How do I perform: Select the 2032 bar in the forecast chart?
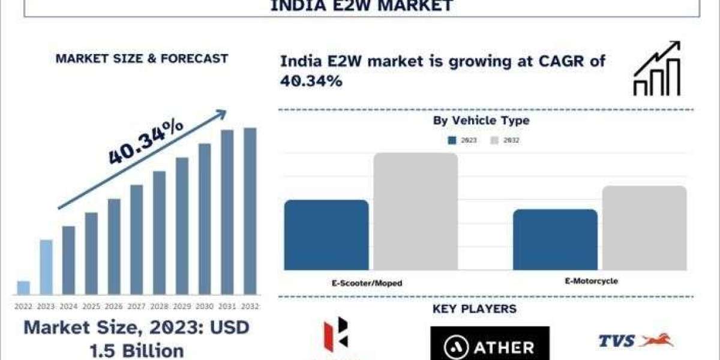click(250, 211)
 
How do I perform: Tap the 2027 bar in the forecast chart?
click(137, 239)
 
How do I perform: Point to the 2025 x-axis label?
click(91, 307)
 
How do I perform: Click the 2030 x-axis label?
click(205, 307)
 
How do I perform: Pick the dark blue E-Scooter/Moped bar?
click(326, 235)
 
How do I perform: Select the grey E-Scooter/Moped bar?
click(416, 211)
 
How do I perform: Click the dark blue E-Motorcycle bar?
click(555, 239)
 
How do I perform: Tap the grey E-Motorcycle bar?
click(644, 228)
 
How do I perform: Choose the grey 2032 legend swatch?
click(495, 140)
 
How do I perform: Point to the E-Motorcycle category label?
click(591, 281)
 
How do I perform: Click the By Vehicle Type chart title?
click(481, 121)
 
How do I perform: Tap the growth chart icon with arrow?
click(656, 69)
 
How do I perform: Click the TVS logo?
click(636, 341)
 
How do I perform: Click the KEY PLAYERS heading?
click(474, 310)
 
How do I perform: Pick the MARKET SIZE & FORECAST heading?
click(142, 59)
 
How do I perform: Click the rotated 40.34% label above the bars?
click(146, 142)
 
